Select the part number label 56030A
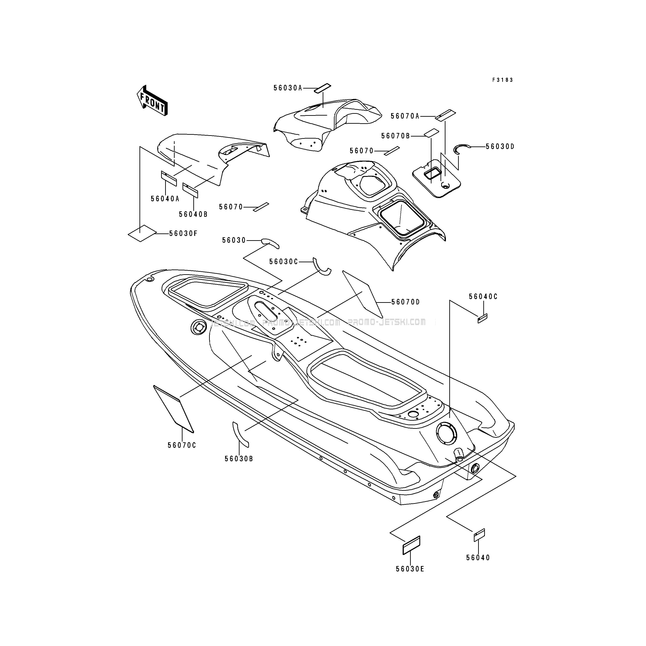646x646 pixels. pyautogui.click(x=288, y=88)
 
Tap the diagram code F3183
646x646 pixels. pyautogui.click(x=502, y=80)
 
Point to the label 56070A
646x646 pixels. pyautogui.click(x=405, y=116)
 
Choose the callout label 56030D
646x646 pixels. pyautogui.click(x=500, y=146)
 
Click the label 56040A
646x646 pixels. pyautogui.click(x=165, y=199)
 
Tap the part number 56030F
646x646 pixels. pyautogui.click(x=183, y=233)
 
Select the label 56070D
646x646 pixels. pyautogui.click(x=406, y=302)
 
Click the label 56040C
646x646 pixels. pyautogui.click(x=483, y=297)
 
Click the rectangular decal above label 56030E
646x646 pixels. pyautogui.click(x=411, y=545)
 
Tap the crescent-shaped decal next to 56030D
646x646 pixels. pyautogui.click(x=461, y=149)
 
